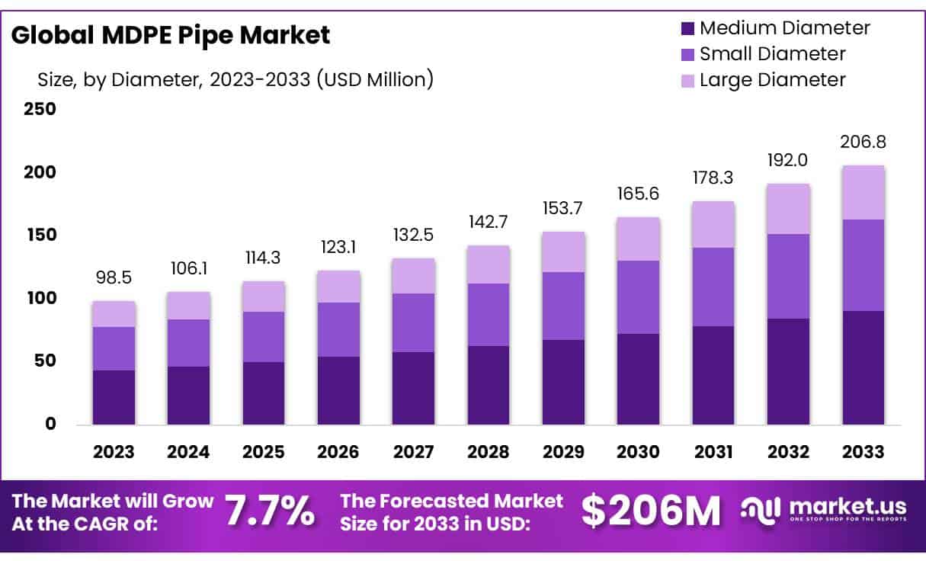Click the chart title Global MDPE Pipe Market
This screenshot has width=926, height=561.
point(171,35)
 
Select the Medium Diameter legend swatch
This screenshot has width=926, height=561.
point(687,29)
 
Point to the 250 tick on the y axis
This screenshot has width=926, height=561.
point(40,109)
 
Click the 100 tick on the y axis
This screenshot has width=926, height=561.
point(40,298)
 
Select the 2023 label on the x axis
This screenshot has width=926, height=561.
point(114,452)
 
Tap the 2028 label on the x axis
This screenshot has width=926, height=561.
point(489,452)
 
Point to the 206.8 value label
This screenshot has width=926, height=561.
point(864,143)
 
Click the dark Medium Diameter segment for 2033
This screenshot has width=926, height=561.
point(864,367)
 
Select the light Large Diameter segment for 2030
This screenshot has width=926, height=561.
point(638,239)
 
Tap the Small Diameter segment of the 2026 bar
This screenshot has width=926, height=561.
point(338,329)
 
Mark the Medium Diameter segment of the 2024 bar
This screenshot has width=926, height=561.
point(188,395)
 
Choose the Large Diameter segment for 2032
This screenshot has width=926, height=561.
point(788,209)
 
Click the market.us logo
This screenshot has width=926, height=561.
point(823,509)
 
